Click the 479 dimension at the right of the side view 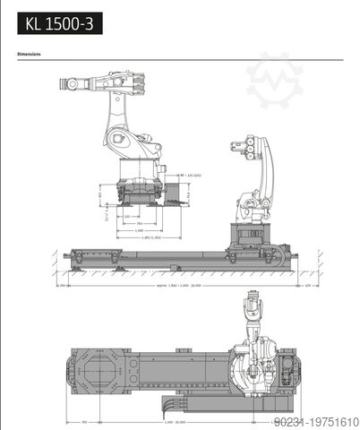[x=307, y=287]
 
